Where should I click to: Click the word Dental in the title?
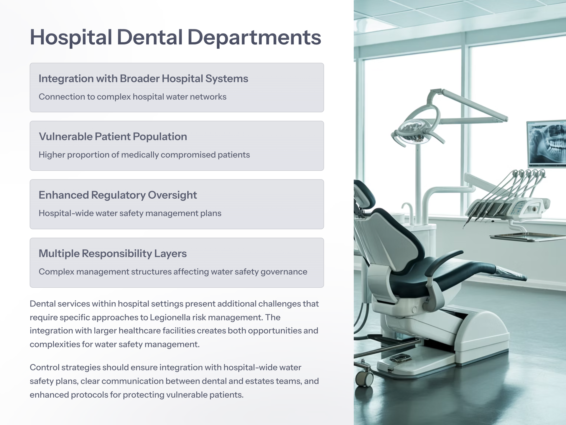pos(149,37)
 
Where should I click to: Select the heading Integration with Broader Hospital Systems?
pos(143,79)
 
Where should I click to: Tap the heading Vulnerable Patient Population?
pos(113,137)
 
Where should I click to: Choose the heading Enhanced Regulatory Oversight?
pos(118,195)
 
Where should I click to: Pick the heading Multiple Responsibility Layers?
pos(113,253)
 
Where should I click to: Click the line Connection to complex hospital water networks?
pos(132,97)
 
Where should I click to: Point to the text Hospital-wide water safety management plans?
pos(130,213)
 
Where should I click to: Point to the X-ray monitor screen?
pos(547,144)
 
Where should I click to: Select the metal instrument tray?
pos(528,237)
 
